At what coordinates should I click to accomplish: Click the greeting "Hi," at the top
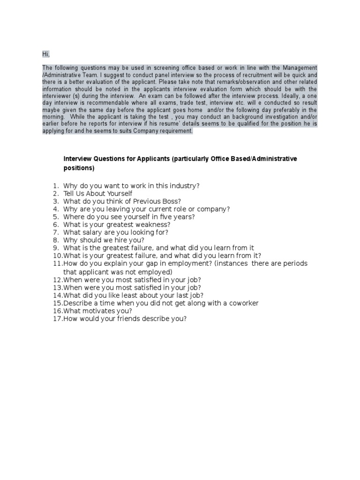[46, 55]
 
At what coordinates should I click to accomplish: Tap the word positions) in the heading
[79, 168]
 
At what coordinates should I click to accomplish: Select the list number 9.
[55, 247]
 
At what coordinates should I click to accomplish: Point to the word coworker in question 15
[239, 303]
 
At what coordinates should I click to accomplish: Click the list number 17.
[57, 319]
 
